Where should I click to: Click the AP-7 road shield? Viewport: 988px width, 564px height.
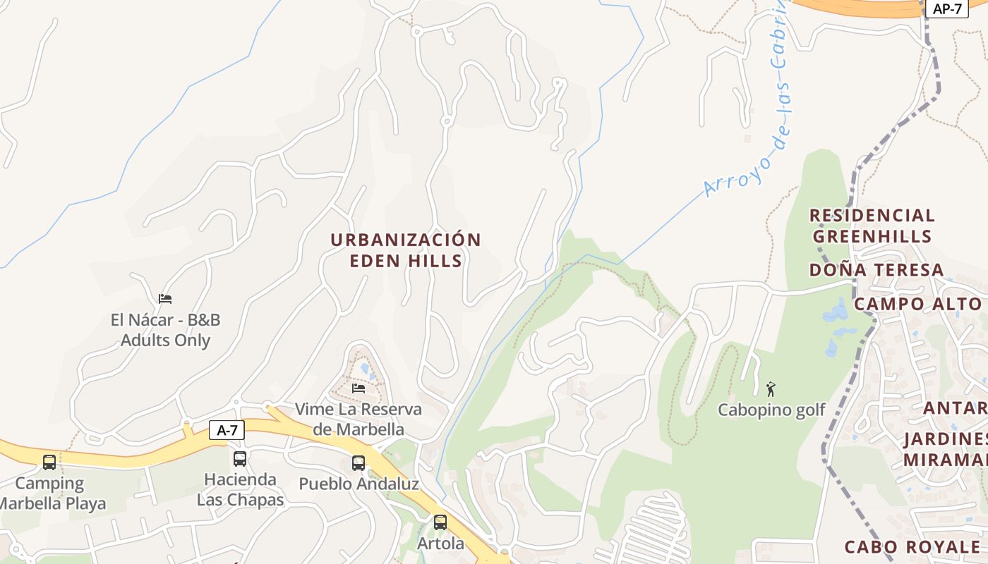coord(947,8)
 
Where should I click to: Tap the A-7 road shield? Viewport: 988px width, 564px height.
coord(227,430)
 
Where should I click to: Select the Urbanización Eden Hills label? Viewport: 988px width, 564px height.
coord(406,250)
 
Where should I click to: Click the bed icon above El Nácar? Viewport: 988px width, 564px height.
coord(165,299)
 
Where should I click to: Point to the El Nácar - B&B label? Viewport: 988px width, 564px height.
coord(165,330)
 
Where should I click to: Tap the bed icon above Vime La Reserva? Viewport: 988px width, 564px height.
coord(359,388)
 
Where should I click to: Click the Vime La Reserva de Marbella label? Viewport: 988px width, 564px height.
coord(359,419)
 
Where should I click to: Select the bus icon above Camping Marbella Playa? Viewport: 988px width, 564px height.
coord(49,462)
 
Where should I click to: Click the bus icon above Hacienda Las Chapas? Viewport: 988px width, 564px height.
coord(240,459)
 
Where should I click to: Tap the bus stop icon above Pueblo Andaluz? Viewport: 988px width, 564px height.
coord(359,463)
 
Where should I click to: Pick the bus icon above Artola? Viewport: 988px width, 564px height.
coord(440,522)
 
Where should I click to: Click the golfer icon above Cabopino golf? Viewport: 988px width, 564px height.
coord(771,388)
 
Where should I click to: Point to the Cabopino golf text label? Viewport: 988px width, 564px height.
coord(771,410)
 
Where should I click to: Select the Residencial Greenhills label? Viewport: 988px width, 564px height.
coord(872,226)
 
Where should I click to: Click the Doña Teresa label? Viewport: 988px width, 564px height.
coord(876,270)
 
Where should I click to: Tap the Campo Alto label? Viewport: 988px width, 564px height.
coord(917,304)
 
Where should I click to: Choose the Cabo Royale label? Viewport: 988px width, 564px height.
coord(912,546)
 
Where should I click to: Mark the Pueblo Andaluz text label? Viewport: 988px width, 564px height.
coord(359,484)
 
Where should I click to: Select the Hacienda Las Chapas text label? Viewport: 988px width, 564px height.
coord(240,490)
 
